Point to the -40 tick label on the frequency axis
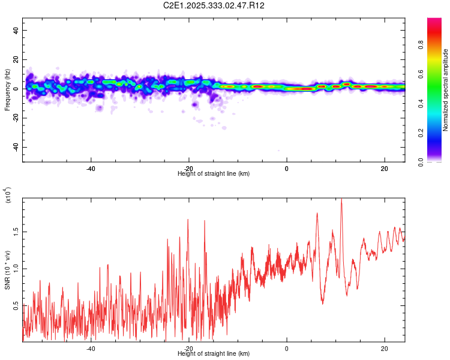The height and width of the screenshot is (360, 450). [x=16, y=147]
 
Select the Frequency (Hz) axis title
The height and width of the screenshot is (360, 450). [x=7, y=89]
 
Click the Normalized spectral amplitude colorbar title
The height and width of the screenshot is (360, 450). [x=445, y=91]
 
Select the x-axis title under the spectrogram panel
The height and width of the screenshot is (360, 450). [x=214, y=173]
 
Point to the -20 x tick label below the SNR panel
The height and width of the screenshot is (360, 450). [x=188, y=348]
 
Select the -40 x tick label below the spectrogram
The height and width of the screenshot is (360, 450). [x=91, y=168]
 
